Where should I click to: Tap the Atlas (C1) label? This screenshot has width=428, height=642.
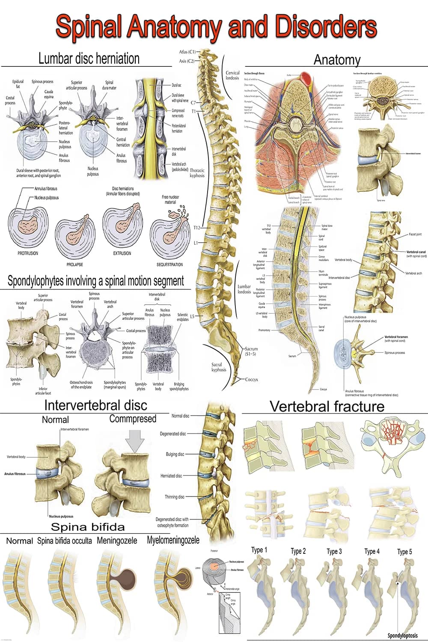coord(187,52)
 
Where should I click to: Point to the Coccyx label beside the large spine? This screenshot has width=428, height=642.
coord(251,379)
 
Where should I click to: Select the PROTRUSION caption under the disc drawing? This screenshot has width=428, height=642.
coord(28,253)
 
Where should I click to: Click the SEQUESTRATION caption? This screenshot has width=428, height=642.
coord(169,265)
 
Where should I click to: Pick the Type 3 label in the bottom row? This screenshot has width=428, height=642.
coord(334,551)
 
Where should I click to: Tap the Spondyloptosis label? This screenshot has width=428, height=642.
coord(402,636)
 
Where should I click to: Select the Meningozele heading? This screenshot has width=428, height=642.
coord(117,541)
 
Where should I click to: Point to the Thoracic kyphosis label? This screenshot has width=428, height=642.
coord(197,173)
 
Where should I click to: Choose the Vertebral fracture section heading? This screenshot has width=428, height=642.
coord(327,406)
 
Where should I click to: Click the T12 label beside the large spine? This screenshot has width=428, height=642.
coord(196,228)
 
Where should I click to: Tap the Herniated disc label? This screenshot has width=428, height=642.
coord(171,476)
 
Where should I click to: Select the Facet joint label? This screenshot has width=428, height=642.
coord(415,235)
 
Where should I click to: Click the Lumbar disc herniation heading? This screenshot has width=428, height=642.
coord(89,58)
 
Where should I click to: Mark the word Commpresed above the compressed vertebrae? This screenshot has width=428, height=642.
coord(133,419)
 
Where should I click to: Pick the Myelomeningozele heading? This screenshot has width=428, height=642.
coord(173,540)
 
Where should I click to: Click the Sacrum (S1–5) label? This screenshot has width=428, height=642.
coord(251,352)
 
